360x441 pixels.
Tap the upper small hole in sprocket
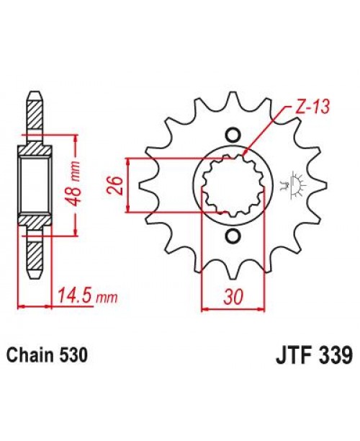point(233,135)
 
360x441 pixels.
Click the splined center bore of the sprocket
point(233,185)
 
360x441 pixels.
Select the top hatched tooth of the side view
point(34,112)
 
